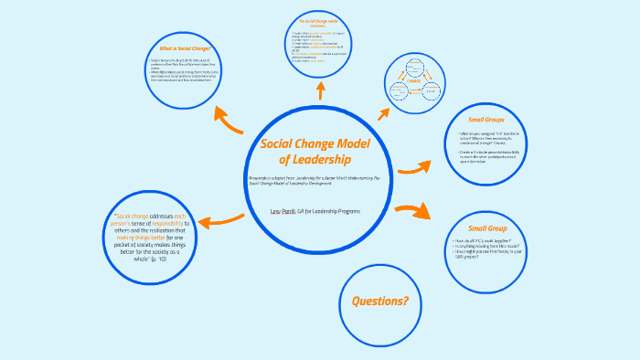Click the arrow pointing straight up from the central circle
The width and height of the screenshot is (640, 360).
320,90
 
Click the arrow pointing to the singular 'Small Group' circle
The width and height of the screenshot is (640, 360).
413,212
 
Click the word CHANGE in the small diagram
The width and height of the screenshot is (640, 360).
413,80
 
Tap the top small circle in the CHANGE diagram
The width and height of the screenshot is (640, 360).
413,66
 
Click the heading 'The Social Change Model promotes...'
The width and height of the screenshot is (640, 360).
319,22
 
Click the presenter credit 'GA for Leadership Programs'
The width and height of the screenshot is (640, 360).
329,211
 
